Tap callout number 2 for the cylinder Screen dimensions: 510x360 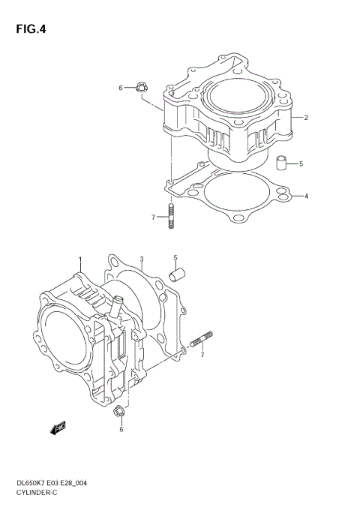pyautogui.click(x=307, y=118)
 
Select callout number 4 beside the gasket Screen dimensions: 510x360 pyautogui.click(x=307, y=197)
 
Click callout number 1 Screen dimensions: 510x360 pyautogui.click(x=78, y=260)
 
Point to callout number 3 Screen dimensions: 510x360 pyautogui.click(x=141, y=260)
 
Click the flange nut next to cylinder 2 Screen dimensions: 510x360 pyautogui.click(x=143, y=88)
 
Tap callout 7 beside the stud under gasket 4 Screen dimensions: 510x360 pyautogui.click(x=153, y=217)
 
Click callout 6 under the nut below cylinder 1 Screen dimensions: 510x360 pyautogui.click(x=121, y=430)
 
